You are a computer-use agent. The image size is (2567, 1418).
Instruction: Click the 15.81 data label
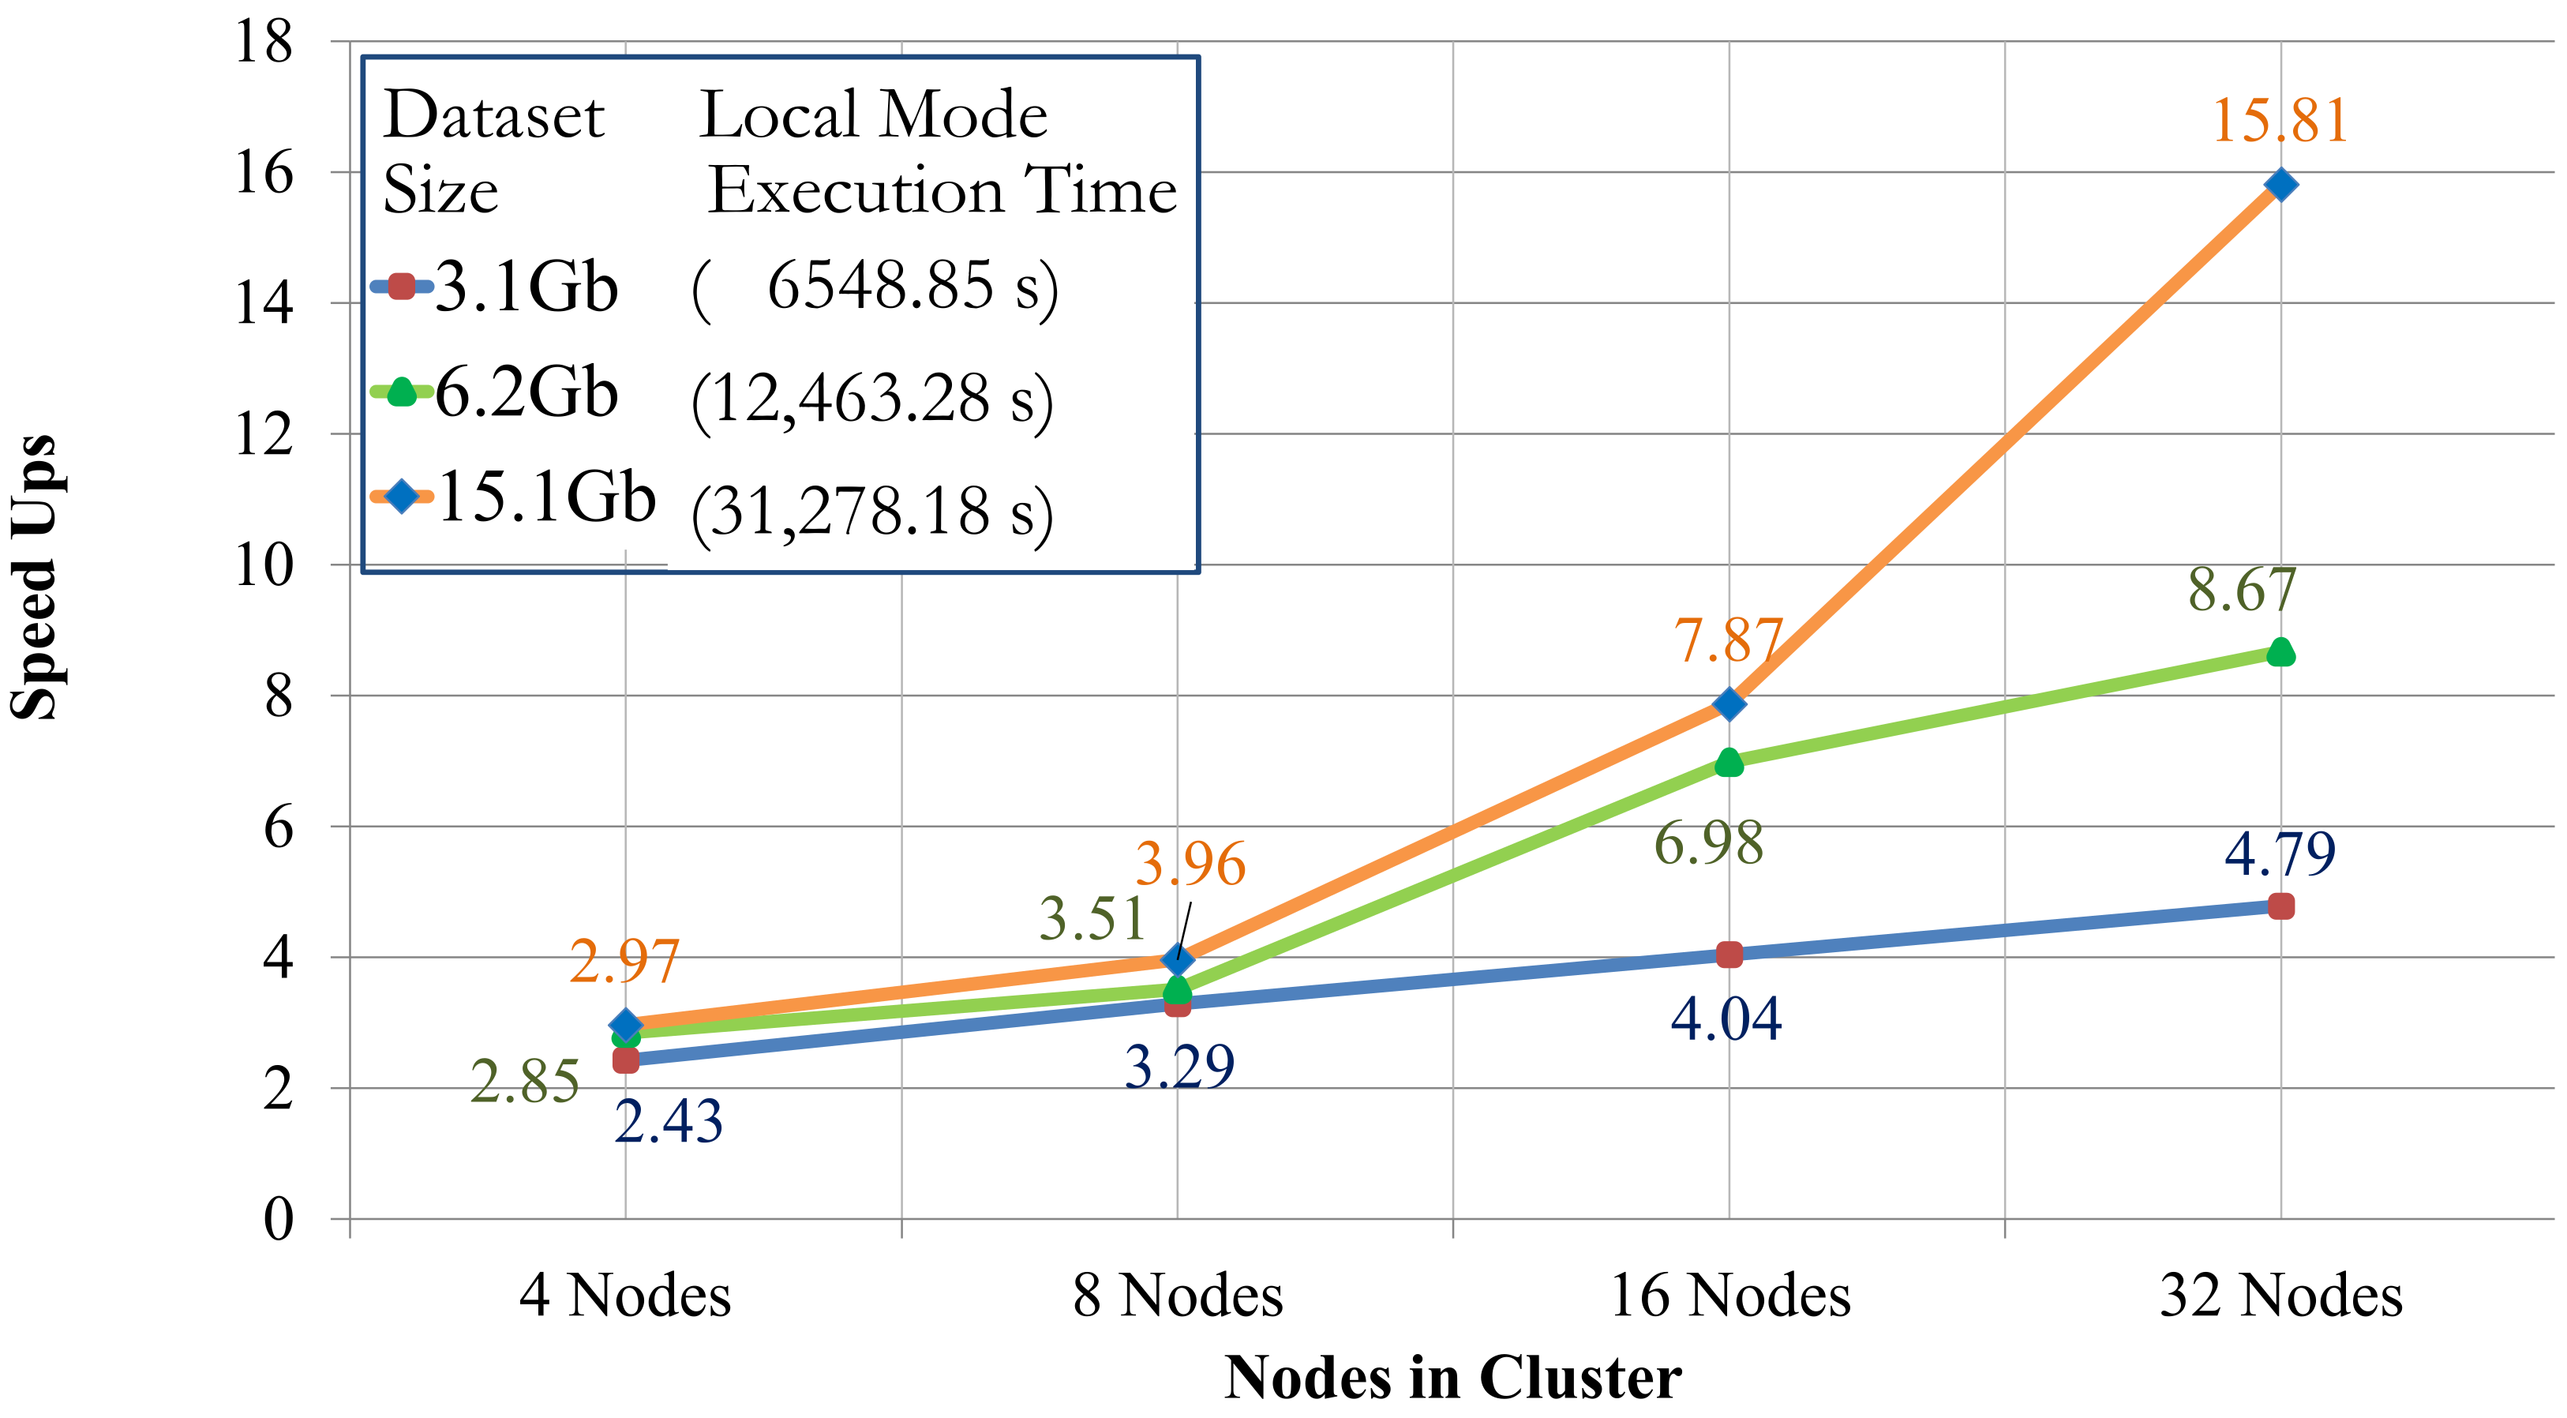(2279, 122)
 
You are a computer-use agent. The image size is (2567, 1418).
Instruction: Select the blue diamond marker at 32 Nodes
(2280, 184)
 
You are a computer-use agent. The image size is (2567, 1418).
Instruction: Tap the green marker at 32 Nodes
(2280, 653)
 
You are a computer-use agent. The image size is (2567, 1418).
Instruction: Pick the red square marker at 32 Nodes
(2280, 906)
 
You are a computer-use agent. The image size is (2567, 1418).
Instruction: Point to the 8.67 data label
(2242, 590)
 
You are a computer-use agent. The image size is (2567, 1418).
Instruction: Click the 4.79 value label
(2280, 854)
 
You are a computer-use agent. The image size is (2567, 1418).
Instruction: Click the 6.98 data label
(1708, 844)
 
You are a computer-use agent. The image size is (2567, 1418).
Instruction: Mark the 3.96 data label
(1191, 864)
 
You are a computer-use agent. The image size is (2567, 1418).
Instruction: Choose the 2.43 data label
(669, 1122)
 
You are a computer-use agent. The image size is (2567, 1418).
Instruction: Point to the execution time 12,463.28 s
(872, 400)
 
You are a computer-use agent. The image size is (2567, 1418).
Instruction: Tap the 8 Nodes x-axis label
(1178, 1296)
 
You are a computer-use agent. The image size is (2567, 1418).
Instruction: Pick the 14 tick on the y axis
(264, 303)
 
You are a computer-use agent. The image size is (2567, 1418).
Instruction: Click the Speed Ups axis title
(35, 578)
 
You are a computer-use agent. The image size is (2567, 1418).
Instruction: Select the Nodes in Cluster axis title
(1453, 1379)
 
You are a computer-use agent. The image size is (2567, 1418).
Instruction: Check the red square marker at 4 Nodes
(626, 1060)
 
